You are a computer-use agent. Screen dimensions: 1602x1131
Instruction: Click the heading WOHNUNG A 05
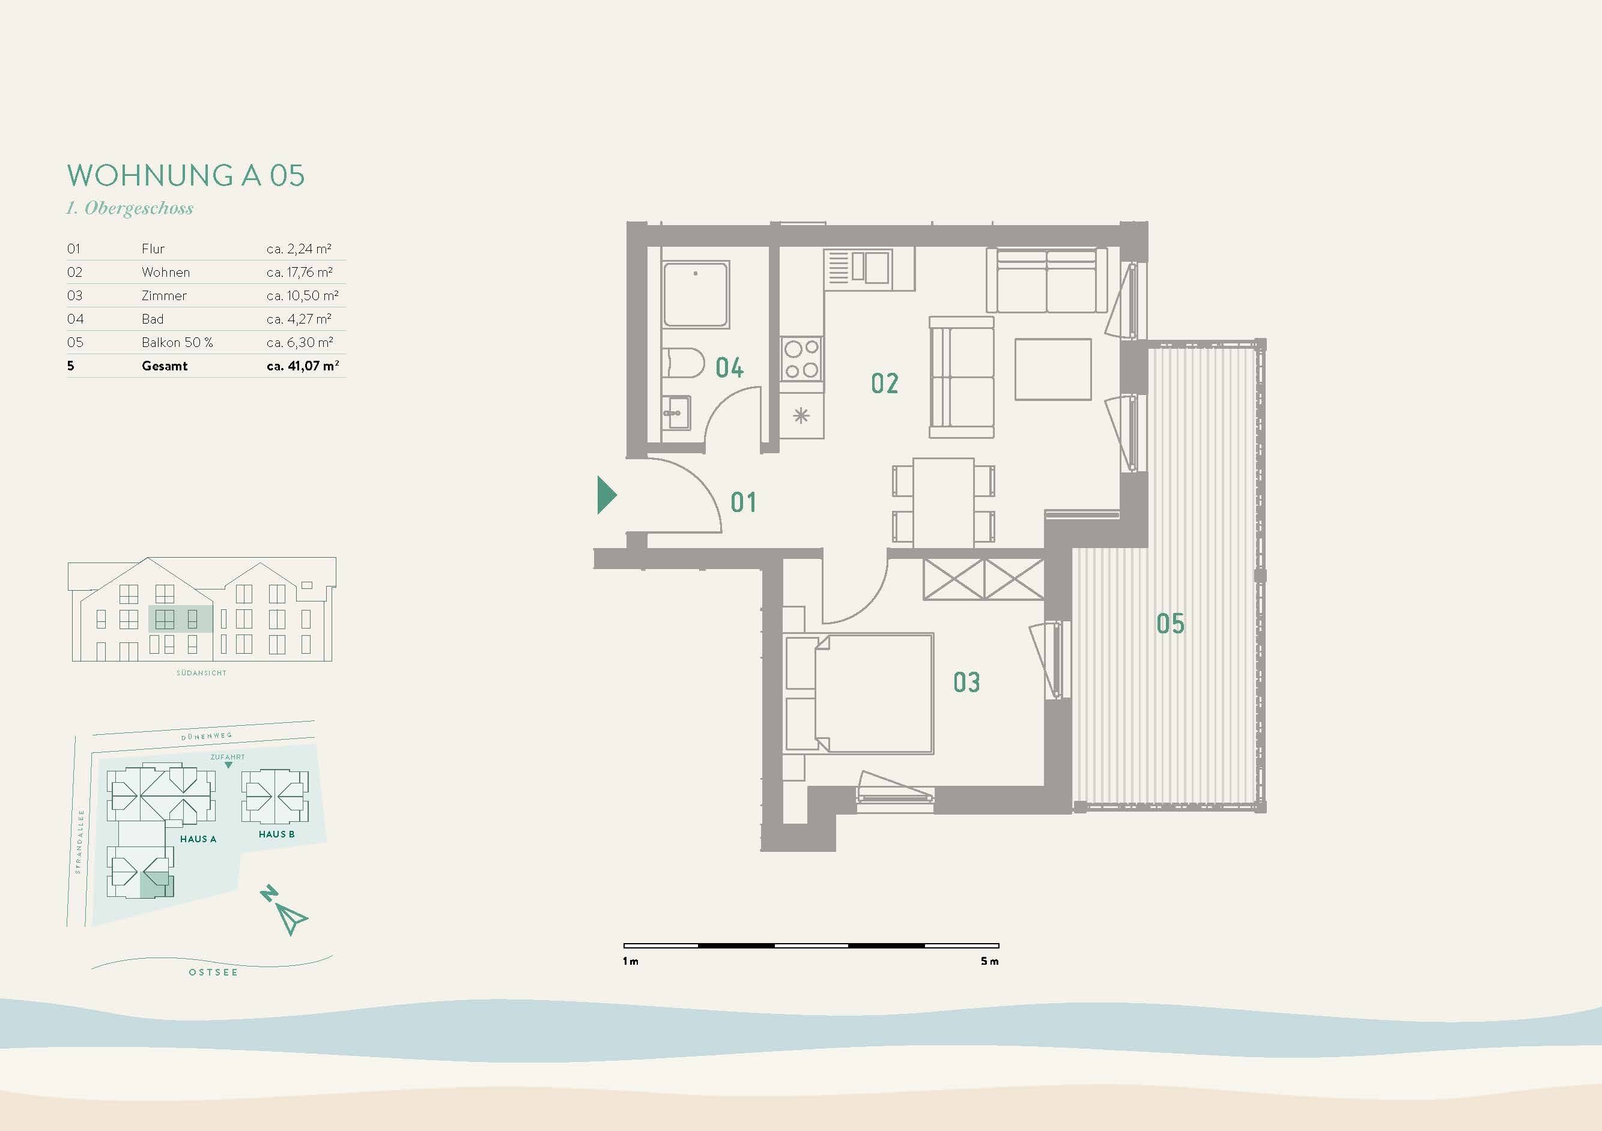tap(186, 176)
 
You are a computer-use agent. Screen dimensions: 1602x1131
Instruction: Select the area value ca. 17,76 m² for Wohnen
tap(299, 272)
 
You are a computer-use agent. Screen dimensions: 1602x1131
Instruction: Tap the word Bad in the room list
tap(152, 319)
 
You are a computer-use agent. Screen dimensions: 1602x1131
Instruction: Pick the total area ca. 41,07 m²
tap(302, 366)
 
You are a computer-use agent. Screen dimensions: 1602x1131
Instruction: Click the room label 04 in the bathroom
tap(729, 367)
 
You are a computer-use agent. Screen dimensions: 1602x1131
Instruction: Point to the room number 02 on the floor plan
tap(884, 383)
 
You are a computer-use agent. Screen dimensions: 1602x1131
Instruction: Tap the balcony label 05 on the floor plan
tap(1170, 623)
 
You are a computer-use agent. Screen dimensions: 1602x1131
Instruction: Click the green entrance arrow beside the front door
tap(606, 495)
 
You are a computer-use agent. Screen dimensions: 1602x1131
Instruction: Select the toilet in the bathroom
tap(683, 363)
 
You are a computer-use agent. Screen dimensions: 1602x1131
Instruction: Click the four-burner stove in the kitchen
tap(801, 358)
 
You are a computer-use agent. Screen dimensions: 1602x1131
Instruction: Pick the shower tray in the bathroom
tap(696, 294)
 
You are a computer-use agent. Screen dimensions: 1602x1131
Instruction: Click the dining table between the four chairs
tap(943, 502)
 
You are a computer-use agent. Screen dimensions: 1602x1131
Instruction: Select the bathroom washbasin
tap(675, 413)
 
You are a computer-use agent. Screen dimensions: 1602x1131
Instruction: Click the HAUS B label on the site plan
tap(276, 834)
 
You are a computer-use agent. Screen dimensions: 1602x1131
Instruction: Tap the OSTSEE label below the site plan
tap(213, 972)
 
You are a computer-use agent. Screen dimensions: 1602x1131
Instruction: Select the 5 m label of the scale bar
tap(989, 961)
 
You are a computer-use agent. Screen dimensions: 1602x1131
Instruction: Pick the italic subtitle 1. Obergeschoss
tap(130, 208)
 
